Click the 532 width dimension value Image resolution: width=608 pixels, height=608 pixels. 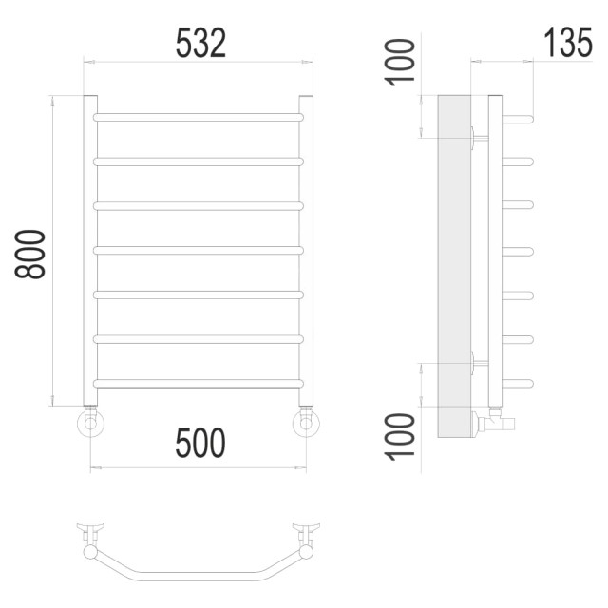pos(200,44)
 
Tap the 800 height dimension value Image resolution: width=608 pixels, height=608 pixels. pos(29,254)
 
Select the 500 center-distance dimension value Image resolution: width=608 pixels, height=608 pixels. pos(200,443)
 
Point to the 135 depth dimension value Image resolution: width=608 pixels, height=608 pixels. pos(568,42)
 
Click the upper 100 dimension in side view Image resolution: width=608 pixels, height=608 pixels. pos(399,62)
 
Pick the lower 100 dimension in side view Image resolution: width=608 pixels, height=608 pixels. pos(399,437)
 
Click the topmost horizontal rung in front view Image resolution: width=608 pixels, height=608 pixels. pos(199,117)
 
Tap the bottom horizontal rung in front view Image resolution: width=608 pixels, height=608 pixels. pos(199,384)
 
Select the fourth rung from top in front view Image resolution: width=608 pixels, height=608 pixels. pos(199,251)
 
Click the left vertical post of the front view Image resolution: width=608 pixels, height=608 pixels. pos(90,251)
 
